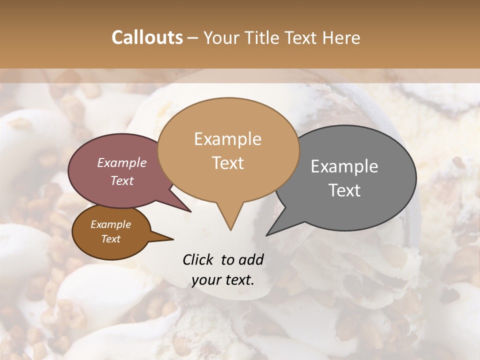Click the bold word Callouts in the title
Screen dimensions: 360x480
147,37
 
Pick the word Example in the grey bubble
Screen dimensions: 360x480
344,166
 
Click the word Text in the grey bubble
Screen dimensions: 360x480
344,190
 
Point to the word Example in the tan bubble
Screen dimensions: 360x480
227,139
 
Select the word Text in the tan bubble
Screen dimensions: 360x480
227,163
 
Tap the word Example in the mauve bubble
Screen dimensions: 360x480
121,163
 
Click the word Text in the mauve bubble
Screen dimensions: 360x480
121,181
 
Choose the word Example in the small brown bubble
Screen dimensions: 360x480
110,224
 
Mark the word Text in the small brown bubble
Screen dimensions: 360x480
110,239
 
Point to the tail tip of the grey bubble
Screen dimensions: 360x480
267,234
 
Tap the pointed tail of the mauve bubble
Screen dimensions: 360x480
190,211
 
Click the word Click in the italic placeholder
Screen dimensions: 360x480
199,259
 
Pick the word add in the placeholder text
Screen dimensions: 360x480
250,259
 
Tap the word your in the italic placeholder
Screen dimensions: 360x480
205,280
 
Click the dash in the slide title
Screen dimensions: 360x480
193,37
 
